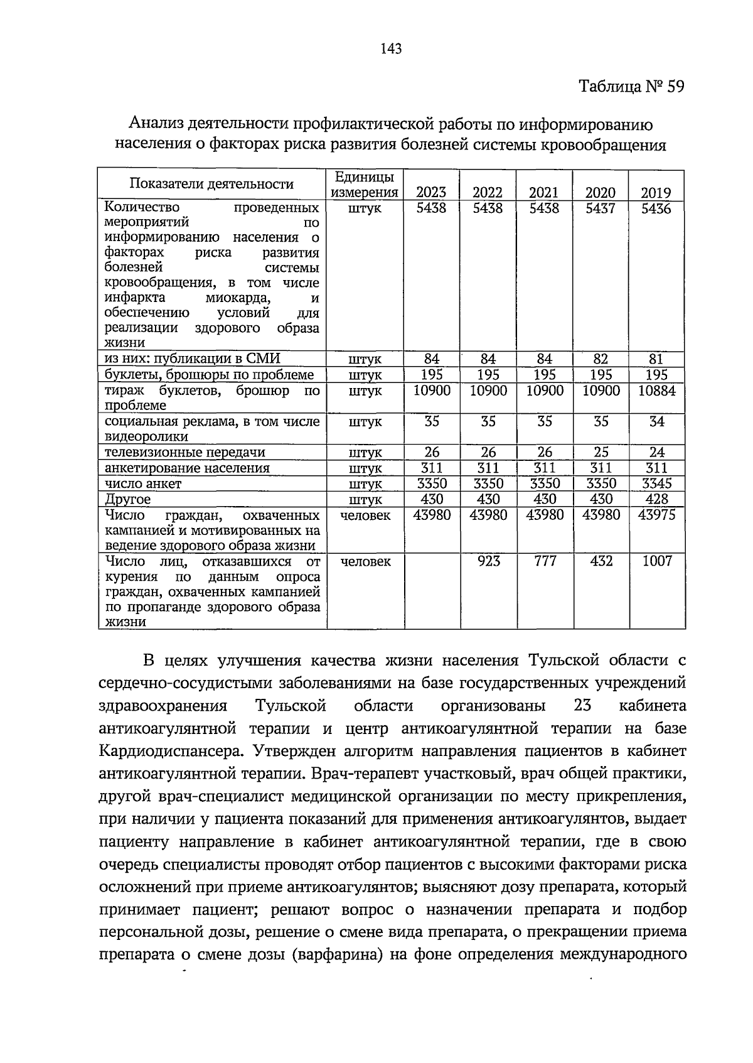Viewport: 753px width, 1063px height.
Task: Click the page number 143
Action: pyautogui.click(x=390, y=48)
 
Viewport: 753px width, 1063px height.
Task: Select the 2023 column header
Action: pyautogui.click(x=432, y=193)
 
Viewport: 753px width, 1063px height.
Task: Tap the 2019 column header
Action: pyautogui.click(x=656, y=193)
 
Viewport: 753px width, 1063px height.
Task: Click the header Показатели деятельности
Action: pyautogui.click(x=211, y=184)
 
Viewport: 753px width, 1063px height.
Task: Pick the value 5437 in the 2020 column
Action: pyautogui.click(x=601, y=208)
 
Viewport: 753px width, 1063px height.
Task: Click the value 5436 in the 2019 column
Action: pyautogui.click(x=656, y=208)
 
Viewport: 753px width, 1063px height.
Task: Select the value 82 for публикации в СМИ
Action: pyautogui.click(x=601, y=359)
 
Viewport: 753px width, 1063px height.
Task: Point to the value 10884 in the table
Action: pyautogui.click(x=656, y=391)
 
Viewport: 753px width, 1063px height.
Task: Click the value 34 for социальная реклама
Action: pyautogui.click(x=656, y=421)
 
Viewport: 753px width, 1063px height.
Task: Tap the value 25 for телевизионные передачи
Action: pyautogui.click(x=601, y=452)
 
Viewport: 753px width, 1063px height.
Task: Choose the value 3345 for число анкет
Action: pyautogui.click(x=656, y=483)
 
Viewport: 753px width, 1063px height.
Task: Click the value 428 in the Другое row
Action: pyautogui.click(x=656, y=499)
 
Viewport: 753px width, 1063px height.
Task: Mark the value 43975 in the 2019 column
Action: pyautogui.click(x=656, y=515)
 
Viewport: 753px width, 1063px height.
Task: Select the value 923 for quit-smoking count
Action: pyautogui.click(x=488, y=561)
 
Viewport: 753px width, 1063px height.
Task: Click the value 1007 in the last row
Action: pyautogui.click(x=656, y=561)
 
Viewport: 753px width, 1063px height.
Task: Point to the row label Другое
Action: pyautogui.click(x=128, y=500)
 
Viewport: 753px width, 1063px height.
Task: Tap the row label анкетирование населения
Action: pyautogui.click(x=187, y=468)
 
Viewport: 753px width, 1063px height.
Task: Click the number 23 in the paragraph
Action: pyautogui.click(x=582, y=706)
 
